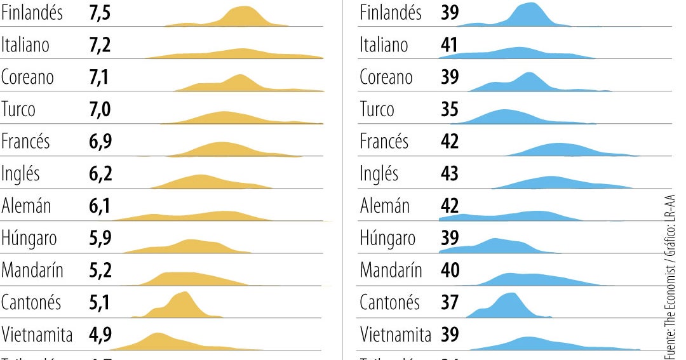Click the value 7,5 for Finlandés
(100, 13)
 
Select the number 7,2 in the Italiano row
(100, 45)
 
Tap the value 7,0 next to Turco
(100, 110)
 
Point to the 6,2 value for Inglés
(100, 173)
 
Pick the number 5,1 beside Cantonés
(100, 302)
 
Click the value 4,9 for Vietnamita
(100, 334)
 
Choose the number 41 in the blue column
(449, 45)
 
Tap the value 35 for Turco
(449, 110)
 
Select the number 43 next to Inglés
(449, 173)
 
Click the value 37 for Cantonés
(449, 302)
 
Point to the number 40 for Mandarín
(449, 270)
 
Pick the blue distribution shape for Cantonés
(509, 306)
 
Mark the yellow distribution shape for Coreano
(238, 84)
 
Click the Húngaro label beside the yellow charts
(29, 238)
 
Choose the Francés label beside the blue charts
(384, 141)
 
